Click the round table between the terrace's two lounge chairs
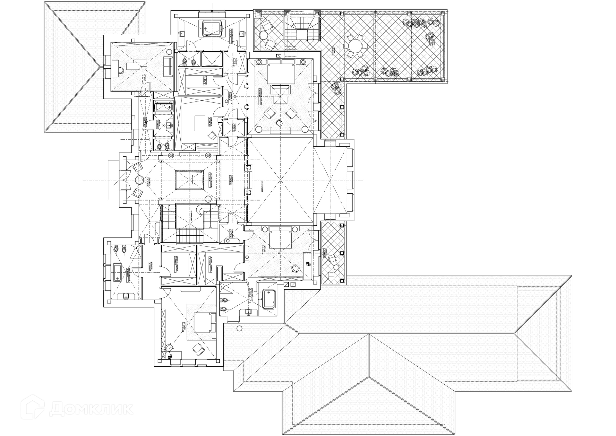coord(263,35)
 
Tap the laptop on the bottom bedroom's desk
coord(170,356)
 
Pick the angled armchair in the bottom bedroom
coord(197,349)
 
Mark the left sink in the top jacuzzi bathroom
coord(182,33)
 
